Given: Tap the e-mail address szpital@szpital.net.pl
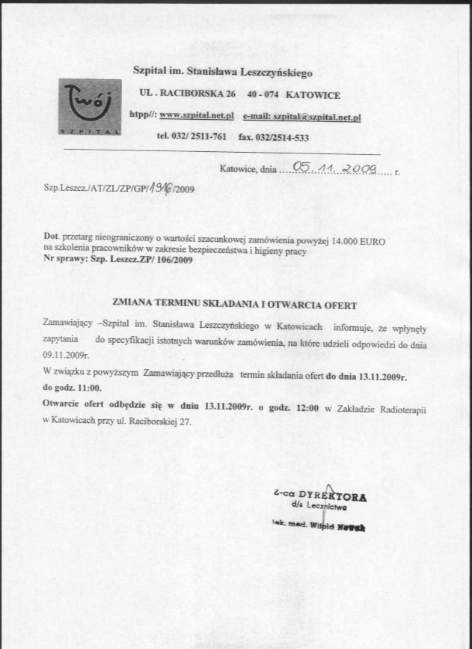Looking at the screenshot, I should click(x=317, y=118).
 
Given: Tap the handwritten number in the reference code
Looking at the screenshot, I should click(x=159, y=189).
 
